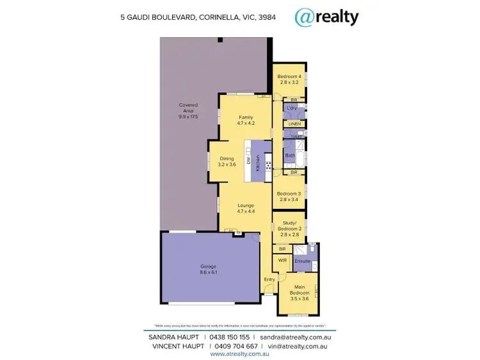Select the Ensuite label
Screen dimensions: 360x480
click(302, 261)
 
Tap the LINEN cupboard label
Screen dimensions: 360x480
click(294, 123)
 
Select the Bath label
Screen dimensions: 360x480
click(289, 156)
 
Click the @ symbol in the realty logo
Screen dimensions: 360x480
click(303, 17)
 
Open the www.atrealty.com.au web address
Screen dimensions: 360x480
click(239, 354)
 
